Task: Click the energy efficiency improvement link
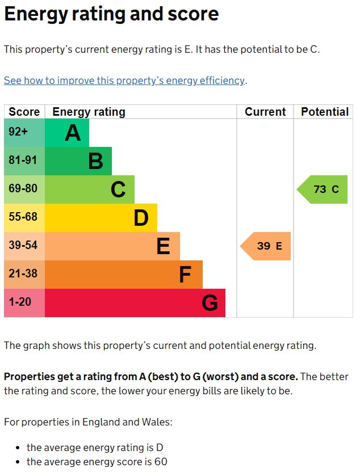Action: click(124, 81)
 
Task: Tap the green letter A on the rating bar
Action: click(73, 133)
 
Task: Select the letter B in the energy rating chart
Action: click(95, 161)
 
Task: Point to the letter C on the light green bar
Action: click(118, 189)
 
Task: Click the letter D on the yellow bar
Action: click(141, 218)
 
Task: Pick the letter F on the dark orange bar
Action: click(185, 275)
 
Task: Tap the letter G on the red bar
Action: click(210, 303)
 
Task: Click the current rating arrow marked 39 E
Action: click(266, 246)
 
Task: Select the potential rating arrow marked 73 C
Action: click(323, 189)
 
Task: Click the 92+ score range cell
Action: click(18, 132)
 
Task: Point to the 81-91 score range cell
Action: click(23, 161)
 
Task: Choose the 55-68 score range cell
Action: click(23, 217)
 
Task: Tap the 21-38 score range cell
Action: click(23, 274)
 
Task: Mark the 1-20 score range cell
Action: click(20, 302)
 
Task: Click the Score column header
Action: click(24, 112)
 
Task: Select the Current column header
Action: click(265, 112)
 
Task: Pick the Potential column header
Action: click(325, 112)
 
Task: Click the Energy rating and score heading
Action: click(111, 14)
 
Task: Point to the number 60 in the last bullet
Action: click(161, 462)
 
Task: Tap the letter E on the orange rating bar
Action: click(163, 246)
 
